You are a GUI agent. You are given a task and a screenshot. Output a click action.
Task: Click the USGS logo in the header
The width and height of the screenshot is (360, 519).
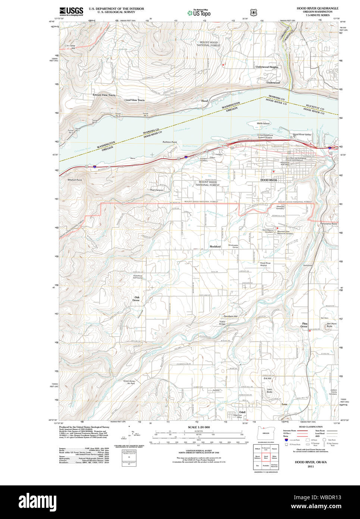tap(71, 12)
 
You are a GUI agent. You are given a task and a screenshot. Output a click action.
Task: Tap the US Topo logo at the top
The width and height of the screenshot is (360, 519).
tap(199, 13)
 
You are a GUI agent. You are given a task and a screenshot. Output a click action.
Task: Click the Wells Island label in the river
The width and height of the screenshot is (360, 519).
tap(263, 123)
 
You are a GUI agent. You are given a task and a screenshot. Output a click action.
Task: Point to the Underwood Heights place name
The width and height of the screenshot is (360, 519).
tap(267, 67)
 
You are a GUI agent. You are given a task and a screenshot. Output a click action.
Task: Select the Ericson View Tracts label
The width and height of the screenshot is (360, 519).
tap(104, 95)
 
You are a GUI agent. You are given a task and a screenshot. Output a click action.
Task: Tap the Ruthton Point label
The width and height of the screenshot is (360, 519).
tap(170, 142)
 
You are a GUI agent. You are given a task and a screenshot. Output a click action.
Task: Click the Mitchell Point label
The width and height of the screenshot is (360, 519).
tap(75, 180)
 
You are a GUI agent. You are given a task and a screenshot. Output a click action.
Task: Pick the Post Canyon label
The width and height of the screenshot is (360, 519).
tap(157, 190)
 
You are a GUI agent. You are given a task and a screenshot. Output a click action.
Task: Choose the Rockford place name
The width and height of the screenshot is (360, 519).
tap(215, 246)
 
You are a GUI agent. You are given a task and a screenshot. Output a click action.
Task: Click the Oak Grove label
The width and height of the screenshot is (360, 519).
tap(136, 299)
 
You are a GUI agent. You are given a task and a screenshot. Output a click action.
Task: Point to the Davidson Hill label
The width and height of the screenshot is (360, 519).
tap(231, 316)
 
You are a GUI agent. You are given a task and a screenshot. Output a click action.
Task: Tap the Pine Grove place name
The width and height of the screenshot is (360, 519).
tap(305, 325)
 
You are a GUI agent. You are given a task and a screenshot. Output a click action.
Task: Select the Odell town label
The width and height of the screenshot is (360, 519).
tap(242, 412)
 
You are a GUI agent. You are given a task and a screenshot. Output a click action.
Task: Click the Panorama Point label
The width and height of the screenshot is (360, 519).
tap(329, 224)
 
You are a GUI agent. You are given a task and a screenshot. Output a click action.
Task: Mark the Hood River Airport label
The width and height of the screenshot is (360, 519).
tap(266, 264)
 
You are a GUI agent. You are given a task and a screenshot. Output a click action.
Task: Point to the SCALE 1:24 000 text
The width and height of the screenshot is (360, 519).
tap(199, 427)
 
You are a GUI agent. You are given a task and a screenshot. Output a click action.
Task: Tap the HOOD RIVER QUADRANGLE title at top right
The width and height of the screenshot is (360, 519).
tap(317, 8)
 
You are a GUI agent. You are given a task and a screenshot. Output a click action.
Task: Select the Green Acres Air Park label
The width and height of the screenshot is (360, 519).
tap(129, 382)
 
